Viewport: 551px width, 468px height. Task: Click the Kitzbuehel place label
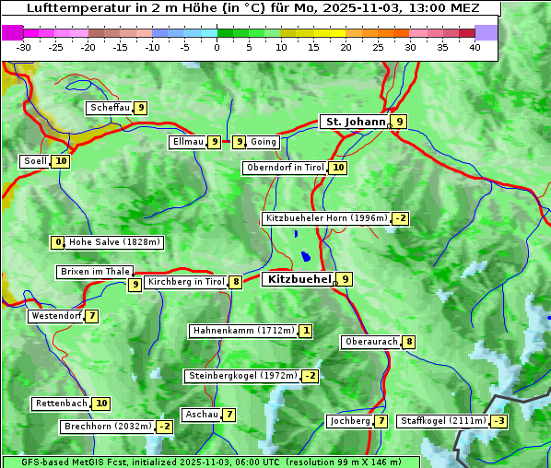[299, 279]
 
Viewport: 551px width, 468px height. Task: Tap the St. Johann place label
[354, 122]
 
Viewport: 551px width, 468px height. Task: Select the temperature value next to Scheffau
[141, 108]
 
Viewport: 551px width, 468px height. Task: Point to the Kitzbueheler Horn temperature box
[400, 218]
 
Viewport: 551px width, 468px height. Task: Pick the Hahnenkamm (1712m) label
[243, 331]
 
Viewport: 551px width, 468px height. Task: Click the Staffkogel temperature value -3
[498, 421]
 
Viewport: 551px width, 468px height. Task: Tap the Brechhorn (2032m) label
[107, 427]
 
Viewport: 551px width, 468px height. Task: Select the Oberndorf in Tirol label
[285, 168]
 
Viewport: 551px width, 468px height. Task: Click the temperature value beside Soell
[61, 161]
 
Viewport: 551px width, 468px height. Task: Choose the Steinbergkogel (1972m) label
[242, 376]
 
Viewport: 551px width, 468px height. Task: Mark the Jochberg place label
[349, 421]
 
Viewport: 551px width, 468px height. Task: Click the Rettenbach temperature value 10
[101, 404]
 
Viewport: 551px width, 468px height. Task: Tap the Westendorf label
[56, 316]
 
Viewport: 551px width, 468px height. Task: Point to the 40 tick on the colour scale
[475, 47]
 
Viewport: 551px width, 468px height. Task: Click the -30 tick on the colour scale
[24, 47]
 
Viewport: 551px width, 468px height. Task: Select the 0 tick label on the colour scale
[217, 47]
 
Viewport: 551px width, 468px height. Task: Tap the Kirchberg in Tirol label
[185, 282]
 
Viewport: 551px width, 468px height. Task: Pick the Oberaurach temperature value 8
[409, 342]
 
